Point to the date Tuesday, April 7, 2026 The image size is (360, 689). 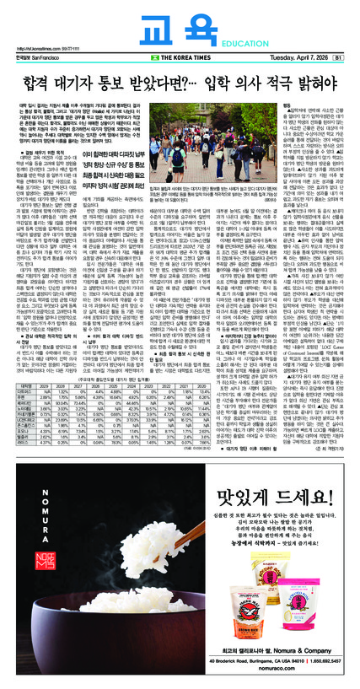tap(297, 58)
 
